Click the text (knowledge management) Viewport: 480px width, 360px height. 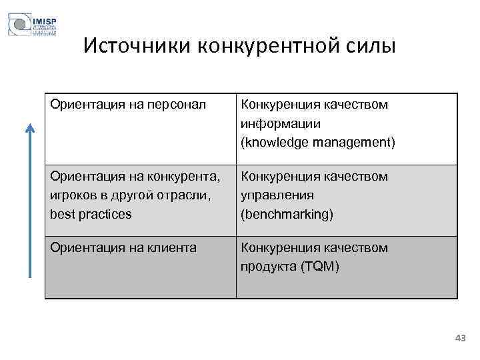pos(318,143)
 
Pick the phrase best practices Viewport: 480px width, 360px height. pos(91,215)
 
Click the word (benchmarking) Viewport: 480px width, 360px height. pos(287,215)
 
